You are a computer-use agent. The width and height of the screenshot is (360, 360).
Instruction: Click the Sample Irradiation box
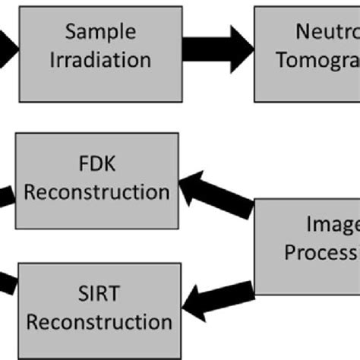click(100, 47)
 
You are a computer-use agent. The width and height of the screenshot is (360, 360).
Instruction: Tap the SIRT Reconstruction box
click(98, 307)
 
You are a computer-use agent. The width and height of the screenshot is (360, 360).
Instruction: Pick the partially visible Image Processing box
click(308, 246)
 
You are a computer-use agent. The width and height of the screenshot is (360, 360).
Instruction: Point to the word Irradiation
click(100, 60)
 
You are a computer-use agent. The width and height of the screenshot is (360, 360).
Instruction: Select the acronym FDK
click(96, 163)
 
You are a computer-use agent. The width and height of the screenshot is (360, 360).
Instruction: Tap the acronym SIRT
click(98, 293)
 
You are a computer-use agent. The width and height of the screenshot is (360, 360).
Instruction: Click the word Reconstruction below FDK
click(96, 191)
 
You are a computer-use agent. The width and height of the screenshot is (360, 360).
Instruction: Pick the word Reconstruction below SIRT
click(98, 322)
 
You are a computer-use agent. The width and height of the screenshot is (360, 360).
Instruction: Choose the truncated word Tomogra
click(318, 60)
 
